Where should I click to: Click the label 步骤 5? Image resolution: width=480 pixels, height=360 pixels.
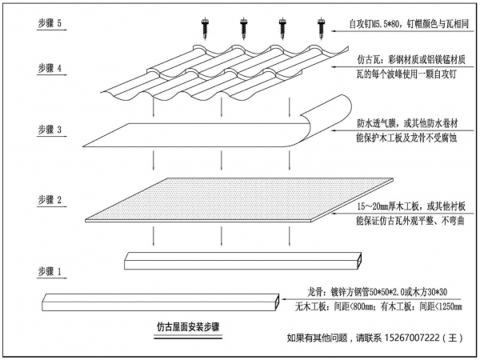click(50, 23)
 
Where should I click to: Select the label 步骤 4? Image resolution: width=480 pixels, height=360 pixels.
click(50, 68)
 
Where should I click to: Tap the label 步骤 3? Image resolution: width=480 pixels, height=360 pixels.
click(50, 130)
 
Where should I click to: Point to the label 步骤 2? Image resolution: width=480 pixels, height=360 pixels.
click(50, 200)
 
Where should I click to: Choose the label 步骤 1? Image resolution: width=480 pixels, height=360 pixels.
click(50, 271)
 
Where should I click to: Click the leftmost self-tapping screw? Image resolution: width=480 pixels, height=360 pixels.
click(205, 29)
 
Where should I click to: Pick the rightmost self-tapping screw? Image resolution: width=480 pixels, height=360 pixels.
click(321, 29)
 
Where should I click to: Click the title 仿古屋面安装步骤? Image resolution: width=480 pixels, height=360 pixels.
click(188, 327)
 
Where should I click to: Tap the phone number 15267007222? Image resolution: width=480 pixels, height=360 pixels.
click(412, 338)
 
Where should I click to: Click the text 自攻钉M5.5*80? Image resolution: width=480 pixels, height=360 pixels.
click(374, 24)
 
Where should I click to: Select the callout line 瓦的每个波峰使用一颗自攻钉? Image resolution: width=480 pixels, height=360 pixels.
click(406, 74)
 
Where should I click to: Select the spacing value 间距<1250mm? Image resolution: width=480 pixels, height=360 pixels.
click(441, 306)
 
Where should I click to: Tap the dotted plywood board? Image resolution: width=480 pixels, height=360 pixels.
click(238, 199)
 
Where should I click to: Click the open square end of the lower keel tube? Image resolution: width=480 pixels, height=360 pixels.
click(277, 302)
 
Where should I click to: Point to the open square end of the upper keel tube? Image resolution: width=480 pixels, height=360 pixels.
click(359, 261)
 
